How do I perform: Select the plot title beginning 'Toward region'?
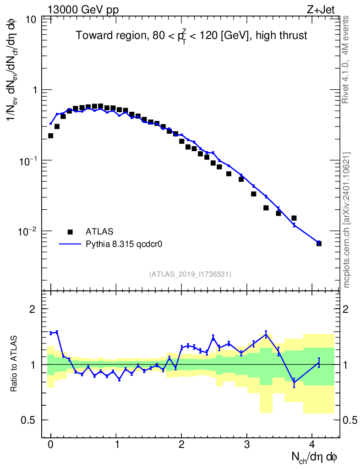pos(191,36)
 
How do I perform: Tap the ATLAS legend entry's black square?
pos(70,231)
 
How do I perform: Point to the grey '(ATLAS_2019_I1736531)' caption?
pos(190,274)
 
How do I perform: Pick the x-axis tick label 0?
pos(50,444)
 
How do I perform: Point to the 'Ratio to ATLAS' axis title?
pos(15,364)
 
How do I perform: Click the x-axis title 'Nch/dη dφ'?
pos(314,457)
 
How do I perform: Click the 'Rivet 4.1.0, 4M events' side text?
pos(346,59)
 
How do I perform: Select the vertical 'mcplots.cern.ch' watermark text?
pos(347,220)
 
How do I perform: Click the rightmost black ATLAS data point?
pos(319,243)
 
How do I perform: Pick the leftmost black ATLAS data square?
pos(50,136)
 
